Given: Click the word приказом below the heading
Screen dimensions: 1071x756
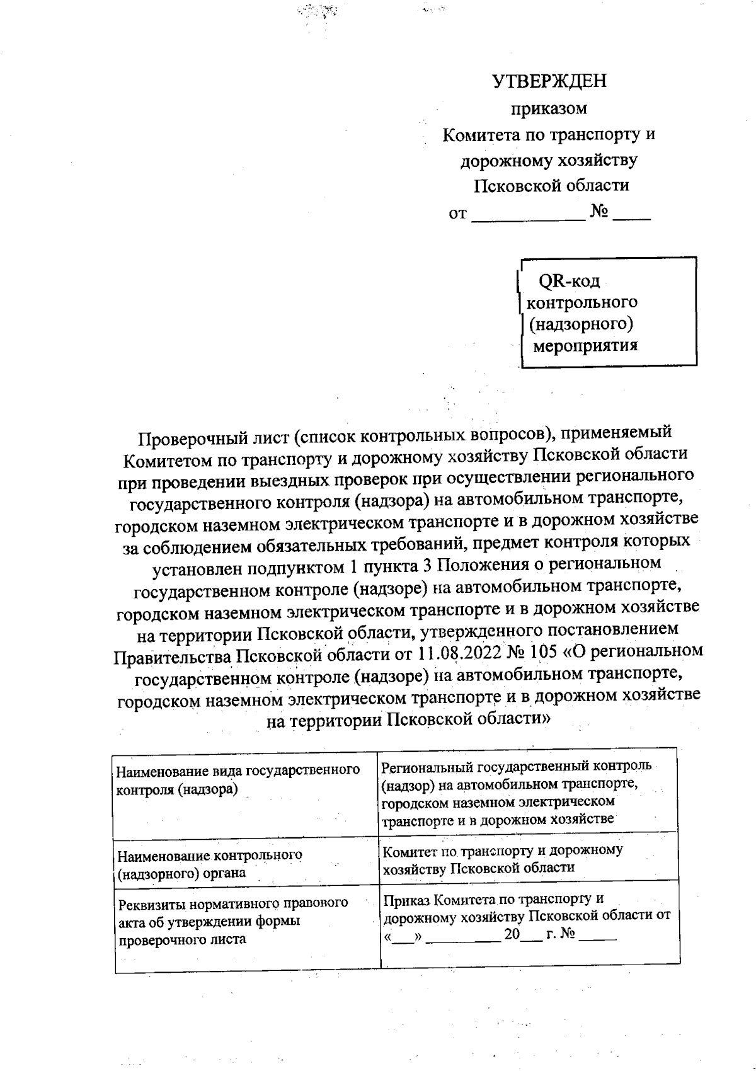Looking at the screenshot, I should click(549, 108).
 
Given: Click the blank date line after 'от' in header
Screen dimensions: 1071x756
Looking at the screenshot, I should click(528, 214).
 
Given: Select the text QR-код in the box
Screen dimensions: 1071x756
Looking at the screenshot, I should click(569, 280).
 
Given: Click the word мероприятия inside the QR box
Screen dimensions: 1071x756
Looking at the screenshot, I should click(585, 345).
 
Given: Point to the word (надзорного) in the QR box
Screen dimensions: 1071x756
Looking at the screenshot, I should click(580, 324).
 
